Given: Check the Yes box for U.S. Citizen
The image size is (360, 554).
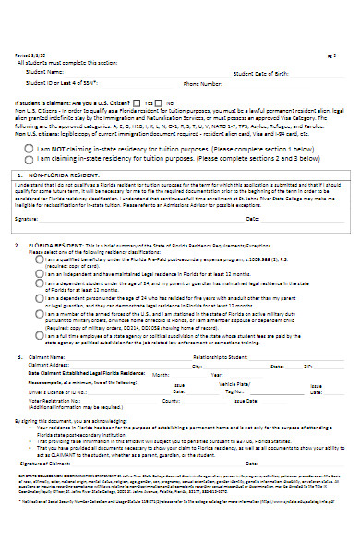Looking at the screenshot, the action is pos(137,102).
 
